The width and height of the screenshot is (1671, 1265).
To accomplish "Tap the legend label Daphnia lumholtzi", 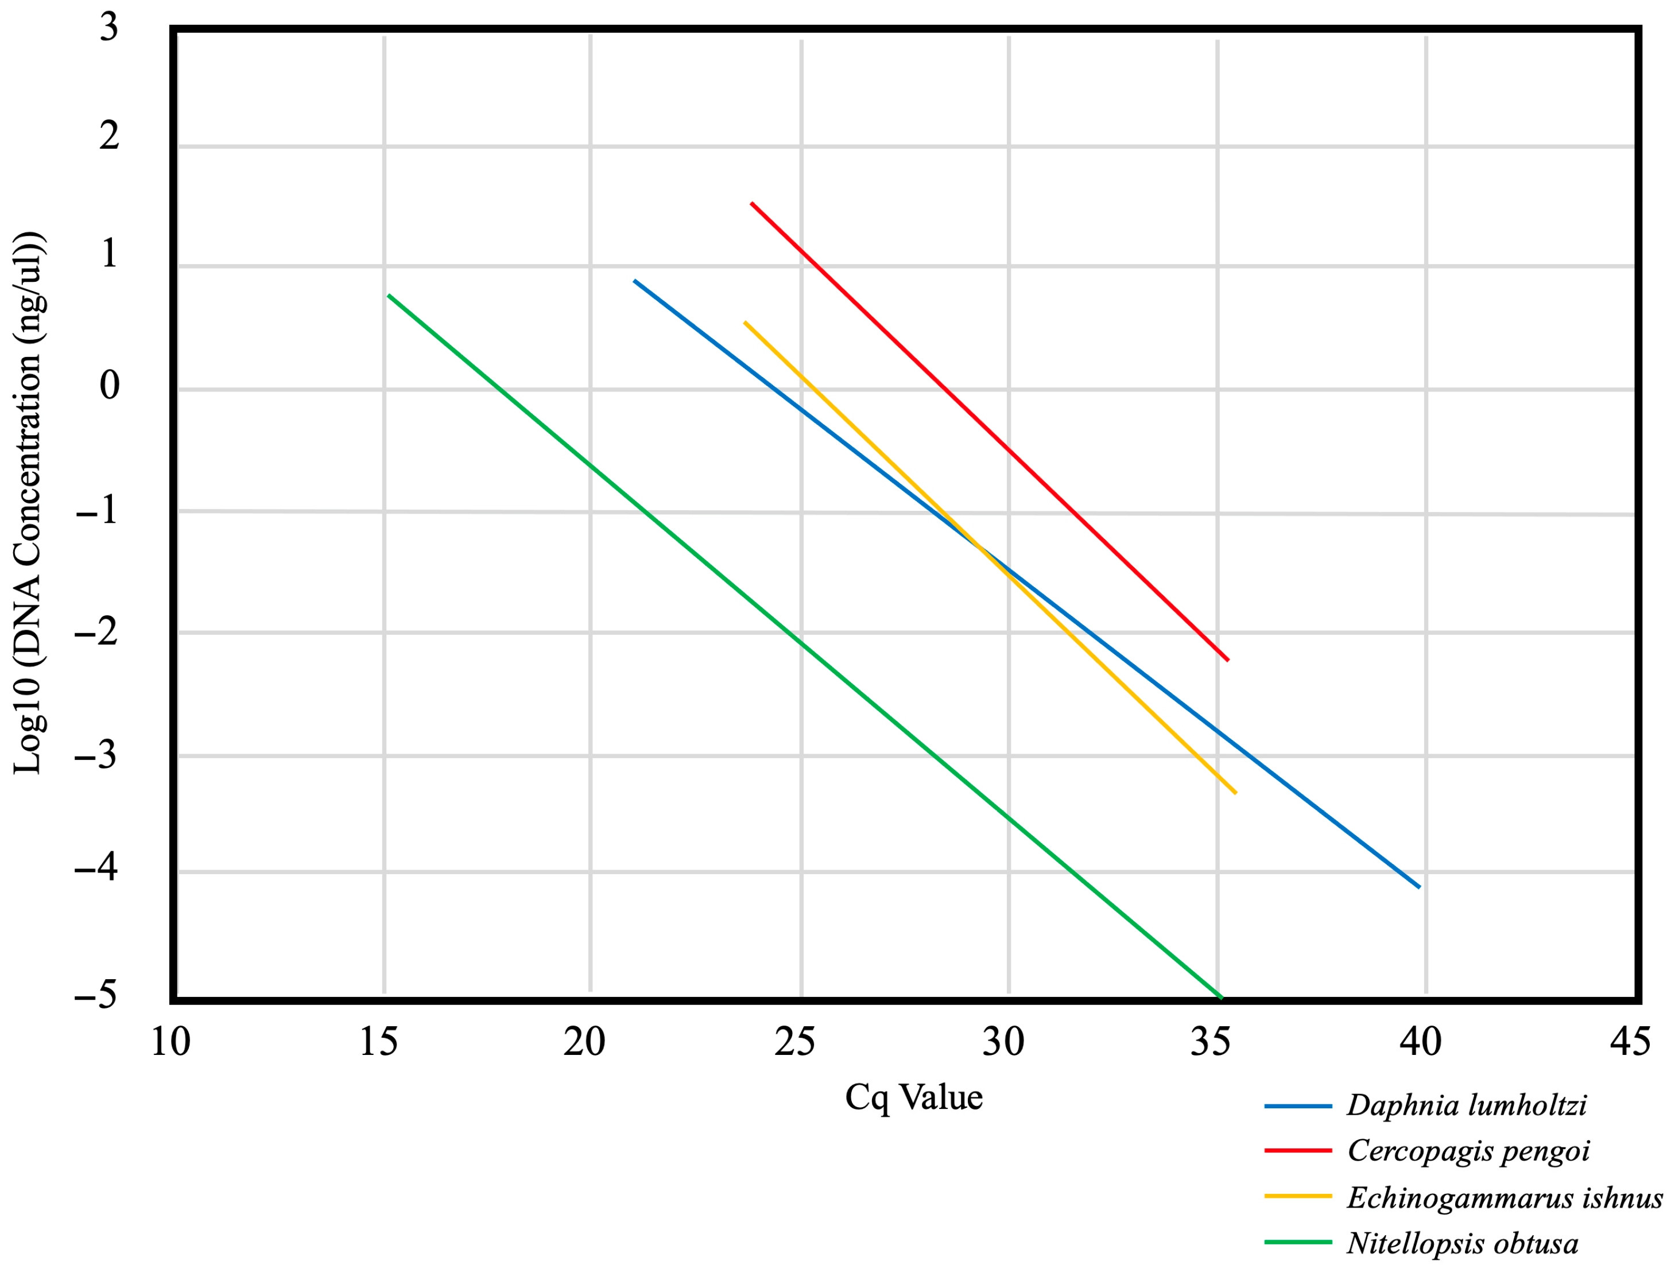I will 1466,1105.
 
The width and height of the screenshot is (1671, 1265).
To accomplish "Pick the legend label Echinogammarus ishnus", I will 1504,1198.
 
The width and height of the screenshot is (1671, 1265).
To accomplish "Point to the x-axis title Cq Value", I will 913,1097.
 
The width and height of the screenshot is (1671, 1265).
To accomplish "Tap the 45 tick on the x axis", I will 1630,1042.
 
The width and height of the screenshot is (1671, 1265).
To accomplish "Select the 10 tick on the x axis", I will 170,1042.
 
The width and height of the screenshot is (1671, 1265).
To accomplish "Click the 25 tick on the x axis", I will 794,1042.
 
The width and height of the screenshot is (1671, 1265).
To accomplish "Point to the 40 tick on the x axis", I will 1420,1042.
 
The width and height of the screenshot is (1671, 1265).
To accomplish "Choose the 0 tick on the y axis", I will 110,385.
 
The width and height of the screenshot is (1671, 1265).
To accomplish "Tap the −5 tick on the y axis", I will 96,995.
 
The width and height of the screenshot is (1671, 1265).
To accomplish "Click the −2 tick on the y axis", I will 96,631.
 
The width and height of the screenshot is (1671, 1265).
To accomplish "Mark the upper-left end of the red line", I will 751,203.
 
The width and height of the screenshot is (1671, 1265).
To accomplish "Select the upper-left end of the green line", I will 388,295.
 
